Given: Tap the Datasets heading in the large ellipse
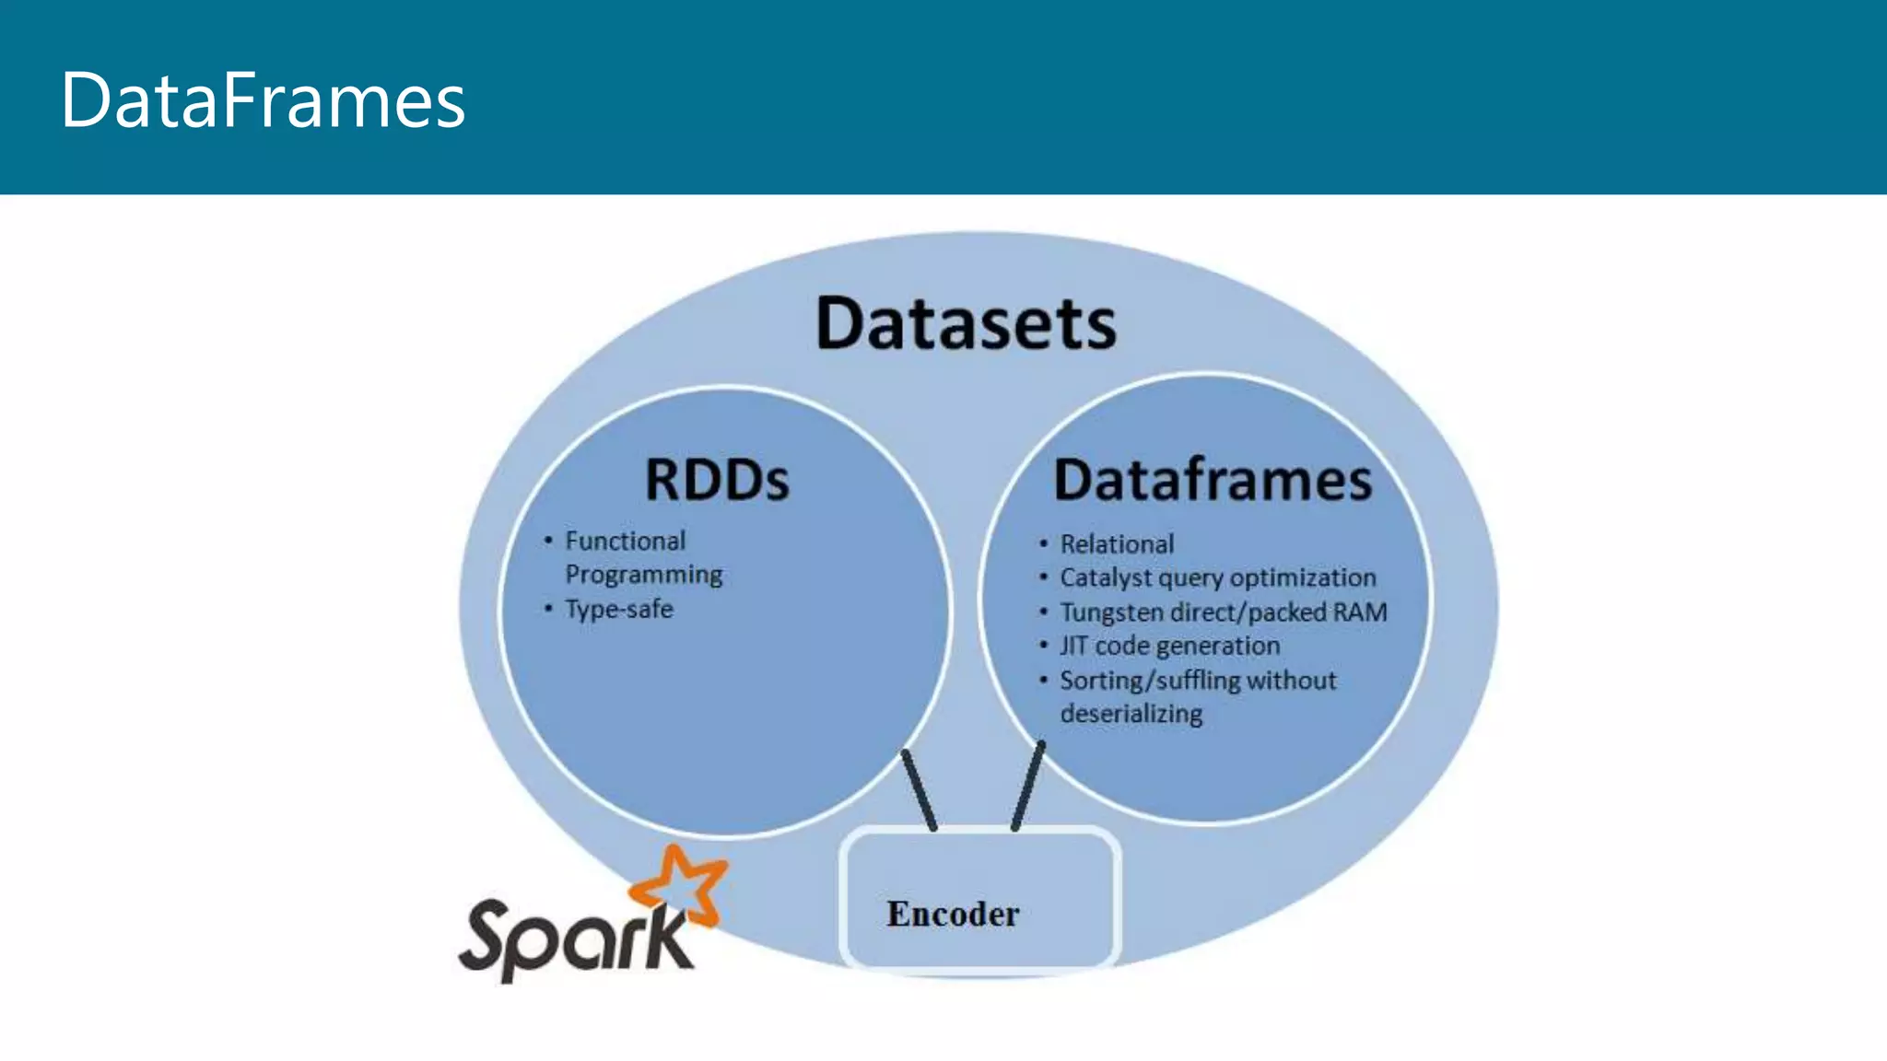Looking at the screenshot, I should click(x=966, y=324).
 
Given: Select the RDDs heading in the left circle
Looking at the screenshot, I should click(x=717, y=480).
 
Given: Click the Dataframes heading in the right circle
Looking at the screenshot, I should click(x=1213, y=480).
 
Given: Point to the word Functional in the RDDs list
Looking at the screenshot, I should click(x=625, y=541).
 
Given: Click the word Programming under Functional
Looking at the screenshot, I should click(x=643, y=575).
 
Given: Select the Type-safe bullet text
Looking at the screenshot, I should click(x=618, y=610).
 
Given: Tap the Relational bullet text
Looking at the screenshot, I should click(x=1117, y=544).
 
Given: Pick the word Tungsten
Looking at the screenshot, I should click(x=1111, y=612).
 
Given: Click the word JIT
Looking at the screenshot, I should click(x=1073, y=646).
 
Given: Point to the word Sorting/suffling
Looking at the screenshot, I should click(x=1150, y=681).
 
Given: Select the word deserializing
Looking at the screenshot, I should click(x=1131, y=714).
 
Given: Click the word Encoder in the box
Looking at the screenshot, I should click(x=953, y=914).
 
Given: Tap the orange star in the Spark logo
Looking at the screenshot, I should click(x=682, y=884).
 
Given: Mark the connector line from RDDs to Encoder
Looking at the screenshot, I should click(x=919, y=790).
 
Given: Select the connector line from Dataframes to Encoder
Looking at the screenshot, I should click(x=1028, y=786).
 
